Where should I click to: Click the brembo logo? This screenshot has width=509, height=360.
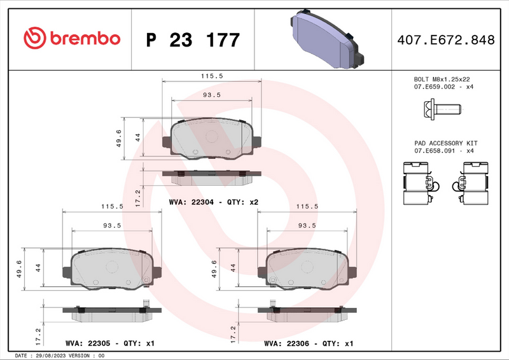(71, 39)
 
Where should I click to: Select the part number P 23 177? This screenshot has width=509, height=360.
(193, 40)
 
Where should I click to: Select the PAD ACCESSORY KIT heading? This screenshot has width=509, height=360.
(445, 144)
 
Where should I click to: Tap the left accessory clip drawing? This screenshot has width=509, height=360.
(417, 184)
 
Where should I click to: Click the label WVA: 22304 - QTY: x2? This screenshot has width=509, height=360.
(213, 202)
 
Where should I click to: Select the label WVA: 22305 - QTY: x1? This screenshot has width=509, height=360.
(110, 343)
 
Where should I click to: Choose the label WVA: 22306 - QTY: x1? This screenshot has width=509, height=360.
(309, 343)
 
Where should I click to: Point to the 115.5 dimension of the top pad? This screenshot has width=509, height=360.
(212, 76)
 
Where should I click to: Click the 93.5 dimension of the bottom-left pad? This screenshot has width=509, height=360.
(111, 225)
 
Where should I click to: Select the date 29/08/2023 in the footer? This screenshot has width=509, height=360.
(52, 356)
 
